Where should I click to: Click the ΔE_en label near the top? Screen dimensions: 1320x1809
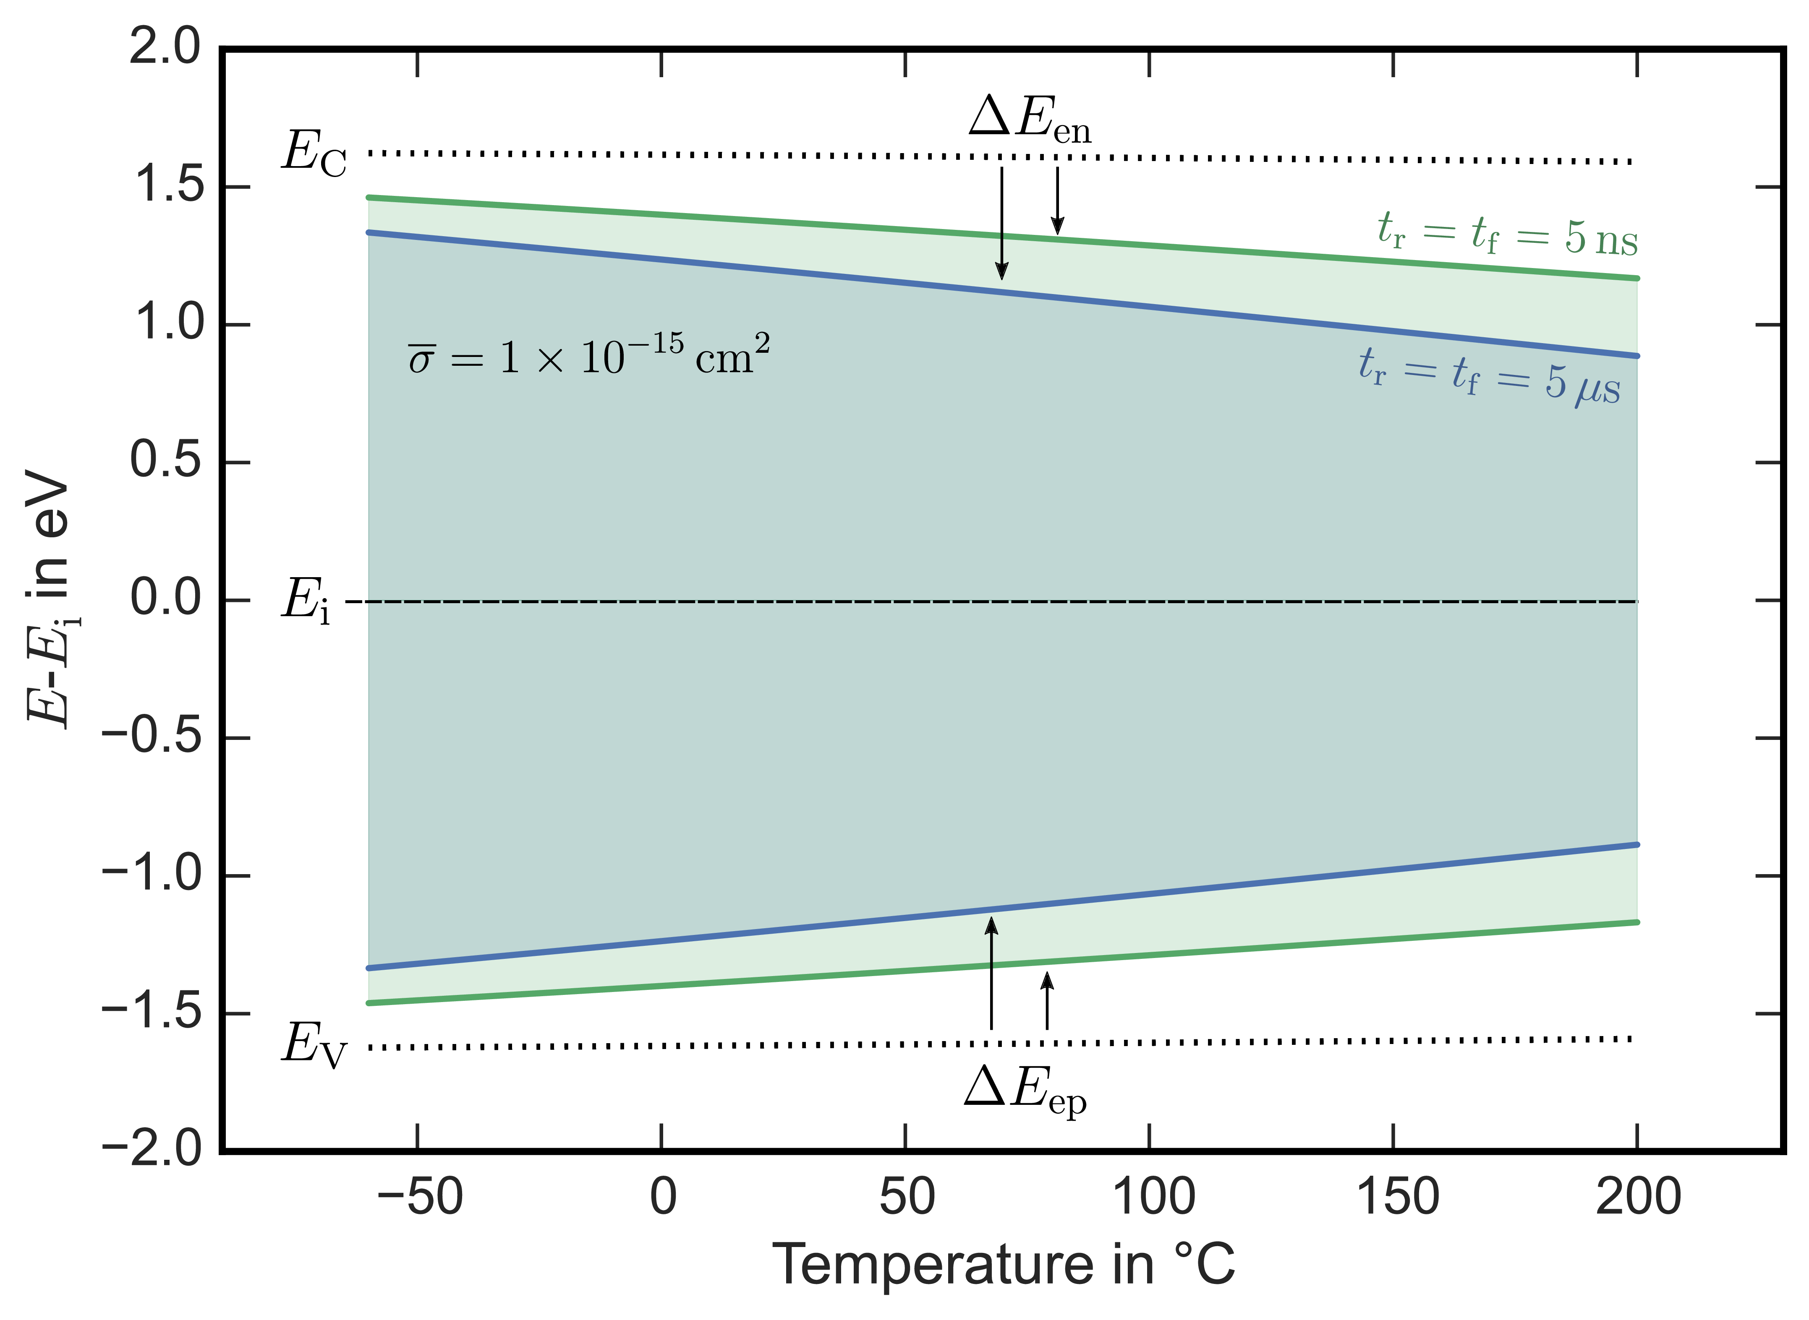1029,120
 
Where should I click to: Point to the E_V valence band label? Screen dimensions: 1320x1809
314,1045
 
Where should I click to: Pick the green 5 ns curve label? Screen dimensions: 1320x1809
1507,234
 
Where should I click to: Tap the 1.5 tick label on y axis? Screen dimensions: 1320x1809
166,186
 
